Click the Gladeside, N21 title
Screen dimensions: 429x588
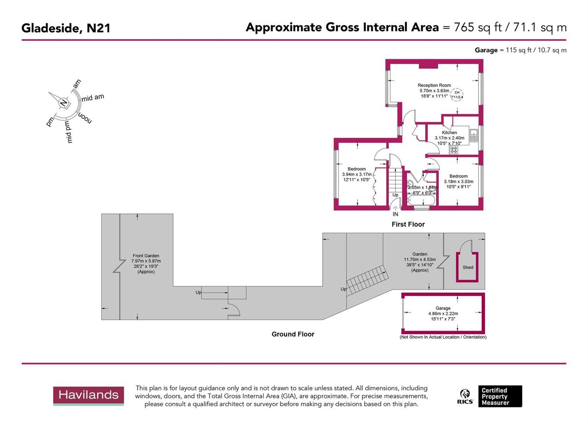coord(66,28)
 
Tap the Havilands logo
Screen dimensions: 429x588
coord(88,395)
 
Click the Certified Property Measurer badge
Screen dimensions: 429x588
coord(500,396)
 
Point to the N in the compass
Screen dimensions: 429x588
coord(63,103)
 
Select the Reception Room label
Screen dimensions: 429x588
coord(434,85)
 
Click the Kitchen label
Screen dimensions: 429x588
coord(449,133)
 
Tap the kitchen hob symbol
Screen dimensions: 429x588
coord(453,150)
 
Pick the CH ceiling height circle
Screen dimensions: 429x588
coord(457,95)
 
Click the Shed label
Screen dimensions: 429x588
coord(468,267)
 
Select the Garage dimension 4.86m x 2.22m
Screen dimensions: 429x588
coord(443,313)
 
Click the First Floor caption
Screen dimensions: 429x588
coord(408,224)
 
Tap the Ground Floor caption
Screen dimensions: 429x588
coord(293,334)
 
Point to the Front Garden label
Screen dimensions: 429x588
coord(146,256)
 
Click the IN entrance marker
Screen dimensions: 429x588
coord(395,214)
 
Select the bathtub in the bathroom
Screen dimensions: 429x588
coord(421,200)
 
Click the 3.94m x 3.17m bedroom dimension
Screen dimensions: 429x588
coord(357,174)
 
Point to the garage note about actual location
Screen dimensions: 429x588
coord(443,337)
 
